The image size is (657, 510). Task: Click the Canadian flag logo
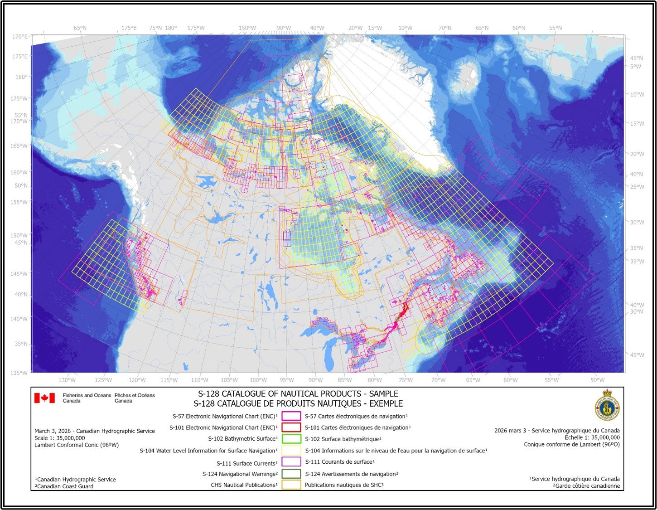tap(44, 398)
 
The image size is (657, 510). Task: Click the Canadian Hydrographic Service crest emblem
tap(607, 405)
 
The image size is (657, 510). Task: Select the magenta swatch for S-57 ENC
tap(291, 416)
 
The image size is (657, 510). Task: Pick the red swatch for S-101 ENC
tap(291, 427)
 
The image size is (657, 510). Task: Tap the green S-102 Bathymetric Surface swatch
tap(291, 439)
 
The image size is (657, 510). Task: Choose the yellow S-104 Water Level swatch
tap(291, 451)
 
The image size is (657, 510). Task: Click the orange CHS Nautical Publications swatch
tap(291, 485)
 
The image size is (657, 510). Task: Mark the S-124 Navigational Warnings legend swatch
tap(291, 474)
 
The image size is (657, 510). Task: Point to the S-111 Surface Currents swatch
tap(291, 462)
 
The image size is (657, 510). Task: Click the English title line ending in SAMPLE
tap(298, 394)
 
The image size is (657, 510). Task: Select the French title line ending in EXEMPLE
tap(298, 403)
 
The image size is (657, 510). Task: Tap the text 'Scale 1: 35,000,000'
tap(60, 438)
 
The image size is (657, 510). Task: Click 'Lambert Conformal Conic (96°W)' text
tap(77, 445)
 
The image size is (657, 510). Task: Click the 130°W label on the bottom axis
tap(67, 380)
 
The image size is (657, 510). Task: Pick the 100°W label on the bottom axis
tap(258, 380)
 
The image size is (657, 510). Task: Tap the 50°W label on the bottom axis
tap(597, 380)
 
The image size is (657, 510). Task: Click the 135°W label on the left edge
tap(19, 373)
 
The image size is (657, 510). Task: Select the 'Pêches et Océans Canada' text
tap(135, 398)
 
